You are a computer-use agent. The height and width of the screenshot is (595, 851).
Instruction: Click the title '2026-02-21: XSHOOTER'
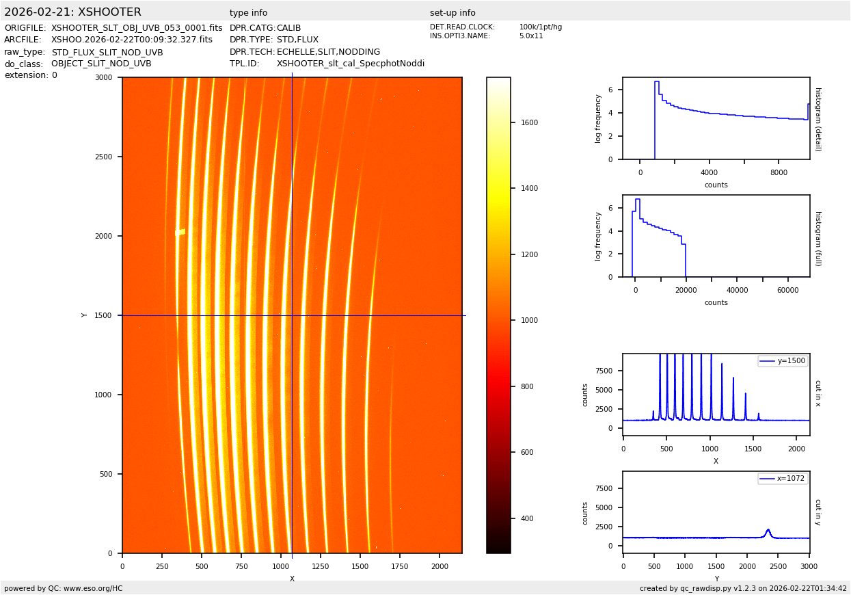[x=72, y=12]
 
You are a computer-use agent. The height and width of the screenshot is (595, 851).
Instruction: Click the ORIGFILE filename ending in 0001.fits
[x=137, y=28]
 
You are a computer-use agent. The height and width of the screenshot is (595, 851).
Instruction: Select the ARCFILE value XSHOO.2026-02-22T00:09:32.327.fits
[x=132, y=40]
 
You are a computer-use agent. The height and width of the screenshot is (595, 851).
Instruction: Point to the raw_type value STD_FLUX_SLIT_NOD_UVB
[x=107, y=52]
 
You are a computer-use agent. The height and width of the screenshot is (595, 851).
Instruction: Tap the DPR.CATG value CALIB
[x=288, y=28]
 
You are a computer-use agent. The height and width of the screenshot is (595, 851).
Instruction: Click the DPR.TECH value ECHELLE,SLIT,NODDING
[x=328, y=52]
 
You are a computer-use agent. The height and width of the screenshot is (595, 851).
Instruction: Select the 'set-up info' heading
[x=452, y=13]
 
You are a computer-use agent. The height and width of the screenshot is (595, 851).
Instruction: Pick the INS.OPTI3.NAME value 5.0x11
[x=531, y=36]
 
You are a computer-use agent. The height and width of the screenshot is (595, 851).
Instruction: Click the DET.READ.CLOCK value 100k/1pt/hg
[x=540, y=27]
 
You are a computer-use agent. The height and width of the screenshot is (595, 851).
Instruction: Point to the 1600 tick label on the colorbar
[x=528, y=123]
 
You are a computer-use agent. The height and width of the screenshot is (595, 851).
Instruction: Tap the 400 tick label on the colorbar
[x=526, y=518]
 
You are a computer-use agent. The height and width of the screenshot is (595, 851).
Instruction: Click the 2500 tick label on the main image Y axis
[x=103, y=157]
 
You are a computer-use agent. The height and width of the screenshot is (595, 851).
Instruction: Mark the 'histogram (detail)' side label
[x=818, y=119]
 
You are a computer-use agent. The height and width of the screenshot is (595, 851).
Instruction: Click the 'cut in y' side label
[x=818, y=512]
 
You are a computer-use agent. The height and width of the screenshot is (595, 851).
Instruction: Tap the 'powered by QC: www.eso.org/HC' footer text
[x=64, y=588]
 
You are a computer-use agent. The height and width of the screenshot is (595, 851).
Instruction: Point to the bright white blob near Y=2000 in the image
[x=180, y=233]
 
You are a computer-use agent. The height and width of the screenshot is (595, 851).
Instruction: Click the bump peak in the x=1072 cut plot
[x=768, y=529]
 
